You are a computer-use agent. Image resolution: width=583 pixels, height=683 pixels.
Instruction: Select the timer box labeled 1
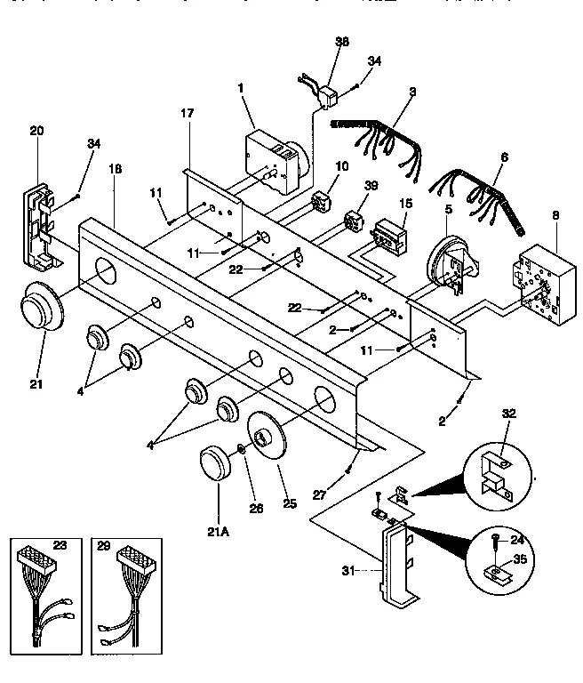tap(270, 164)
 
